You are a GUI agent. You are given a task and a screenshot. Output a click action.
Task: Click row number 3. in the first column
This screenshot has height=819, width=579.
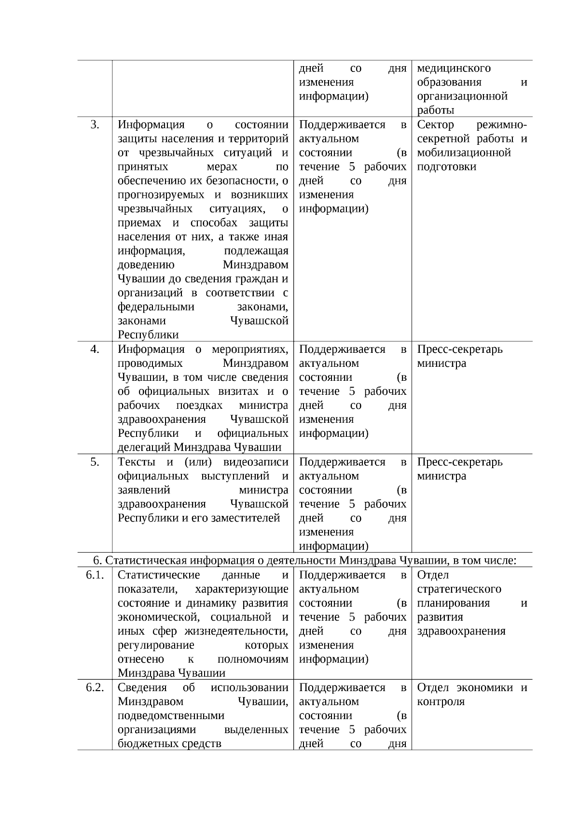pos(95,125)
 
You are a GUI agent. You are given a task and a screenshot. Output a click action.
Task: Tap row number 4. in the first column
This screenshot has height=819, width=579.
pos(95,349)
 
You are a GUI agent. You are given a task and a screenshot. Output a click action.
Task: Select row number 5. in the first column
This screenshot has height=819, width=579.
pos(95,462)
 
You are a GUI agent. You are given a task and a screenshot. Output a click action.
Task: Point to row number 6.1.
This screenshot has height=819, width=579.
pos(95,575)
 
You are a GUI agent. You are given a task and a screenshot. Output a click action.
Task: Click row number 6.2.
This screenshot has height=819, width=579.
pos(95,688)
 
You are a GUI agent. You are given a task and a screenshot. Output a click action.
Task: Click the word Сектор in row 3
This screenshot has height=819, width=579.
pos(435,125)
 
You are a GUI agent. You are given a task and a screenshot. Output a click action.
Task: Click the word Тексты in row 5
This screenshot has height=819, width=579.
pos(135,462)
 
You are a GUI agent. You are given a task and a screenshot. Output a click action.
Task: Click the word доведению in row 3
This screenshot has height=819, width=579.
pos(146,265)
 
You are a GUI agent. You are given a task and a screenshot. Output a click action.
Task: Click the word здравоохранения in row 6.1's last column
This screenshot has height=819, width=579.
pos(461,631)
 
